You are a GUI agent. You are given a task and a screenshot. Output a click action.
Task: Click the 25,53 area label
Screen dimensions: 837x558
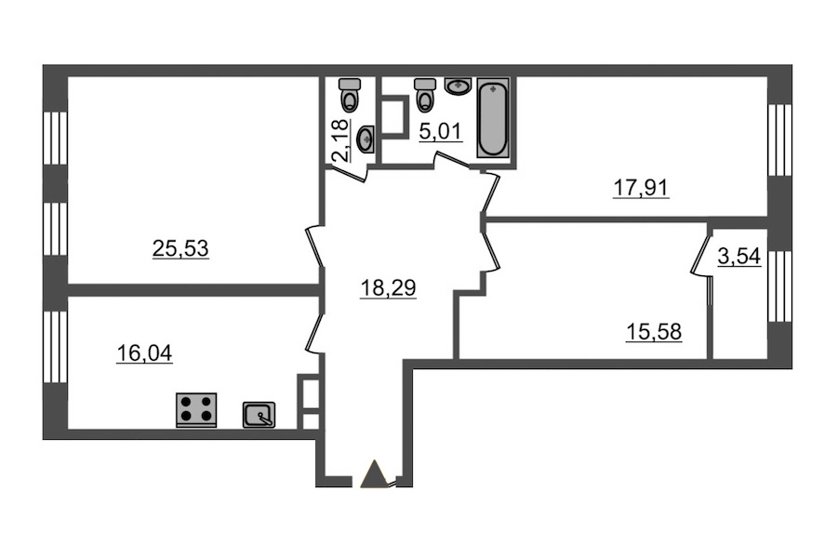tap(180, 248)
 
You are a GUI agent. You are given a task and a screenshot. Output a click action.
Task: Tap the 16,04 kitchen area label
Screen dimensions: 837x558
tap(144, 353)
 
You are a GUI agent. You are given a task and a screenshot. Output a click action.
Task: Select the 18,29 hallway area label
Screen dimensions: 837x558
tap(388, 288)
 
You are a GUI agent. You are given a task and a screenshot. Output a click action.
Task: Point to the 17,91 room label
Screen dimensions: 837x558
tap(641, 188)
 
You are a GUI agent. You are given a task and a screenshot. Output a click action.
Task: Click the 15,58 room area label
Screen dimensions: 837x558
tap(654, 332)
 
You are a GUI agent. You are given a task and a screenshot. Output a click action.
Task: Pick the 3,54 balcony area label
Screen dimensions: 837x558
tap(738, 257)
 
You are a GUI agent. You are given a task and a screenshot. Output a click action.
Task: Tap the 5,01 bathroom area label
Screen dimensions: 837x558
tap(440, 131)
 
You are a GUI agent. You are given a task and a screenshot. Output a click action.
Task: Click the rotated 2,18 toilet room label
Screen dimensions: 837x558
tap(341, 139)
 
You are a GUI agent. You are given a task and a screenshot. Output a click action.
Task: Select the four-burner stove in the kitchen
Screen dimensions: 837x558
tap(196, 410)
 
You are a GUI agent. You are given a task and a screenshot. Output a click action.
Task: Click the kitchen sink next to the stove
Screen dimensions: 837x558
tap(259, 415)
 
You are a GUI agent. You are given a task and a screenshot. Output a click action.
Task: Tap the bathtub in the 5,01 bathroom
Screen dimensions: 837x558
tap(493, 118)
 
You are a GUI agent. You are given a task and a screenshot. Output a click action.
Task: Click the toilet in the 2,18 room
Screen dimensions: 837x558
tap(351, 94)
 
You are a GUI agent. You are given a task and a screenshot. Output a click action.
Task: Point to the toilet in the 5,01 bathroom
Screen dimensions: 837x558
tap(425, 95)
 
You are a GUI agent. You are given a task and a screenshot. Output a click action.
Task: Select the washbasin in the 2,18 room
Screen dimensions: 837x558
tap(365, 139)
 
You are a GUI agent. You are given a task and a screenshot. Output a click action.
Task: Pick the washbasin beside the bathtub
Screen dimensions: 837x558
tap(458, 86)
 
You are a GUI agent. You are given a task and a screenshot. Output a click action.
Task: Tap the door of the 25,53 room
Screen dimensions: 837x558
tap(315, 247)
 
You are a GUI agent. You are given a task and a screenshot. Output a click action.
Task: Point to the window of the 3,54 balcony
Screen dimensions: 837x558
tap(779, 286)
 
